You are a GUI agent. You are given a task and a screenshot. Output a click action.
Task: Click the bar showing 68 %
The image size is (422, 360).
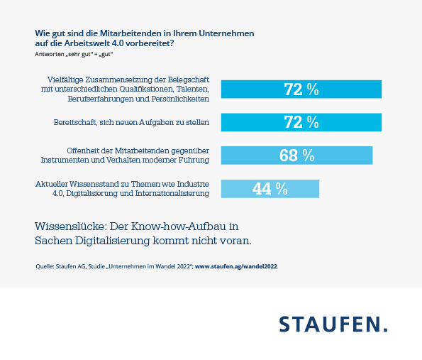[297, 156]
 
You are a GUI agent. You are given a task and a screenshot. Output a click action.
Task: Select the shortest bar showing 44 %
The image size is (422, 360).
[270, 188]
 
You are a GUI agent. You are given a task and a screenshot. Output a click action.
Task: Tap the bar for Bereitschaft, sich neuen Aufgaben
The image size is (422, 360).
[301, 122]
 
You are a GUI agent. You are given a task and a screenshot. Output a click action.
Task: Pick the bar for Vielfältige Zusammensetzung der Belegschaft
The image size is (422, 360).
[301, 89]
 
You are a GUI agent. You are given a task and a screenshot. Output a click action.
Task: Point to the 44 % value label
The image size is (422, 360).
[270, 188]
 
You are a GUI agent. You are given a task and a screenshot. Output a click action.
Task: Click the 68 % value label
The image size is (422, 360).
[297, 156]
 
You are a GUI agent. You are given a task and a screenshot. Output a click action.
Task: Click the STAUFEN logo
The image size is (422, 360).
[333, 324]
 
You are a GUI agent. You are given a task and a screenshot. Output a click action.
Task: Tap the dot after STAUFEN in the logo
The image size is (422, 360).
[385, 330]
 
